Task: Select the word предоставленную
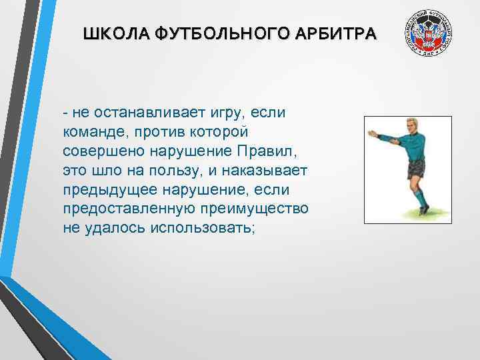127,208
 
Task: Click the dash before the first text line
66,112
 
